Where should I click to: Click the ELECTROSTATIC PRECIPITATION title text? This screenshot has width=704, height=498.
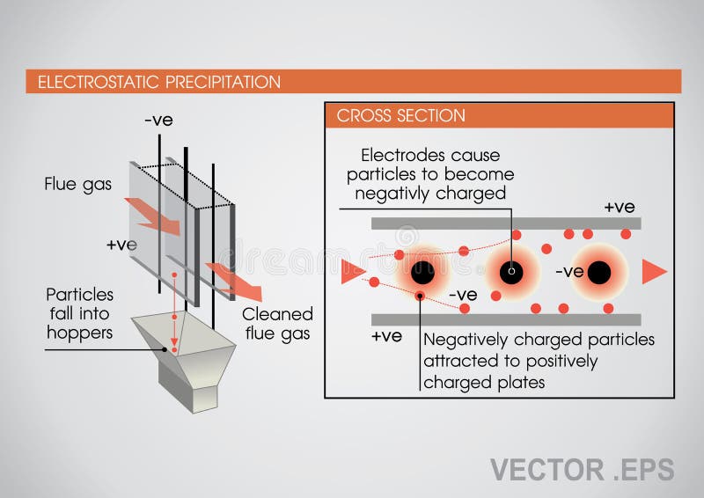point(158,82)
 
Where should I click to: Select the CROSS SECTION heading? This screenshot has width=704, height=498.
point(400,115)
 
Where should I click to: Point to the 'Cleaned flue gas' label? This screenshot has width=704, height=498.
point(277,324)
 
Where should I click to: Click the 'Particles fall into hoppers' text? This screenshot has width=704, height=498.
point(79,313)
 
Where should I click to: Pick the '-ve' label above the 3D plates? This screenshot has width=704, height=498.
point(158,121)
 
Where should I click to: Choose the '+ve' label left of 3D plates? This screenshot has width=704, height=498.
point(121,245)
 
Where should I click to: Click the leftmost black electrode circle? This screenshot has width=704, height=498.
point(422,272)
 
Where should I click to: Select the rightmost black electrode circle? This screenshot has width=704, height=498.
point(600,272)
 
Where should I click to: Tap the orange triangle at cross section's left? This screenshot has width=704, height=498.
point(351,272)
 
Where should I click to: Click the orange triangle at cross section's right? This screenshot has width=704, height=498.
point(653,272)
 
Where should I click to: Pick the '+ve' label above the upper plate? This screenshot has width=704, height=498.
point(620,207)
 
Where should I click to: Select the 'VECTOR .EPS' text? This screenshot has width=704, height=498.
point(582,469)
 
